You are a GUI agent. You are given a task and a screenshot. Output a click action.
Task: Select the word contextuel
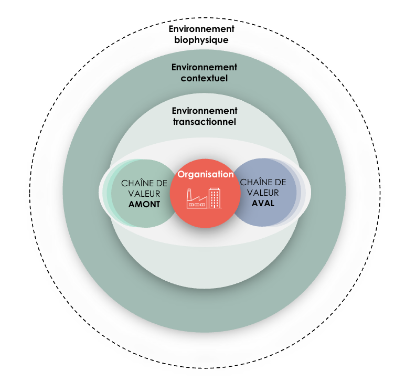coord(205,78)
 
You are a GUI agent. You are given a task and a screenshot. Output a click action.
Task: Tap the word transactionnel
coord(205,122)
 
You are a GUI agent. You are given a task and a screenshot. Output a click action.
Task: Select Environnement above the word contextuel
coord(205,67)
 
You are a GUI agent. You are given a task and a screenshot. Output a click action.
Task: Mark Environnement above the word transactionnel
coord(205,111)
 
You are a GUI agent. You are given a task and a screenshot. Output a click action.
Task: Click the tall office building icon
coord(215,198)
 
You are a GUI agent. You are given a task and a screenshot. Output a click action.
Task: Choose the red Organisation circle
coord(205,215)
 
